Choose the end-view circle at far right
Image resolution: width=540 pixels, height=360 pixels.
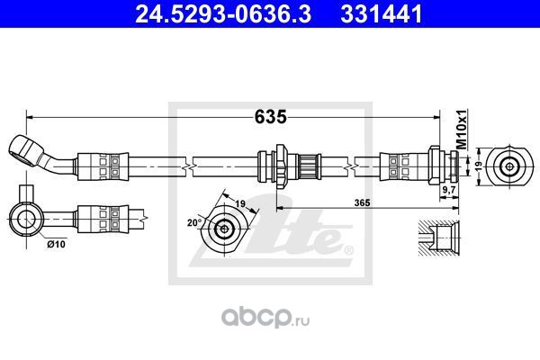click(x=510, y=166)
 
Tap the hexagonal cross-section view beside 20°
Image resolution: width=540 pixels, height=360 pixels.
click(x=223, y=229)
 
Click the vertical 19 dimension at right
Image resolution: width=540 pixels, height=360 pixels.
click(x=480, y=166)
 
